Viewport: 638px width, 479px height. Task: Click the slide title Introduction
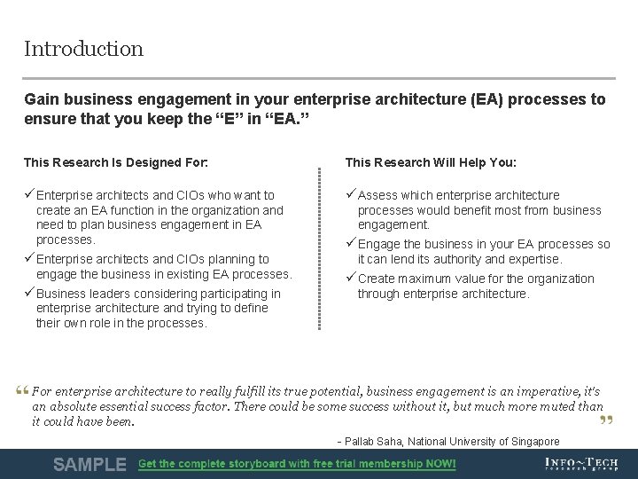pos(83,49)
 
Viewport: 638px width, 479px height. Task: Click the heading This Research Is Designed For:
pos(116,162)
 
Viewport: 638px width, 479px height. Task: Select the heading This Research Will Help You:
pos(431,162)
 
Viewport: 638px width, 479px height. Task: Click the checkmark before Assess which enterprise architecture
pos(351,195)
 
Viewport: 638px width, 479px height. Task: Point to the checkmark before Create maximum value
pos(351,279)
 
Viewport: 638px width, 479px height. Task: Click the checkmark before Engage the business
pos(351,244)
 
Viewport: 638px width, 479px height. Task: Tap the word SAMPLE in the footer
pos(89,464)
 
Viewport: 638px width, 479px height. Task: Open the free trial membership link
pos(297,464)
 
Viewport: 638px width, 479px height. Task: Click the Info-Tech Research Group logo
pos(580,464)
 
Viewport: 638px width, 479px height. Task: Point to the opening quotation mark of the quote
pos(22,391)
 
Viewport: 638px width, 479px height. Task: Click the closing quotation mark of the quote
pos(607,420)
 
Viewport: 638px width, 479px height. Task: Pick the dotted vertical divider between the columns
pos(319,248)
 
